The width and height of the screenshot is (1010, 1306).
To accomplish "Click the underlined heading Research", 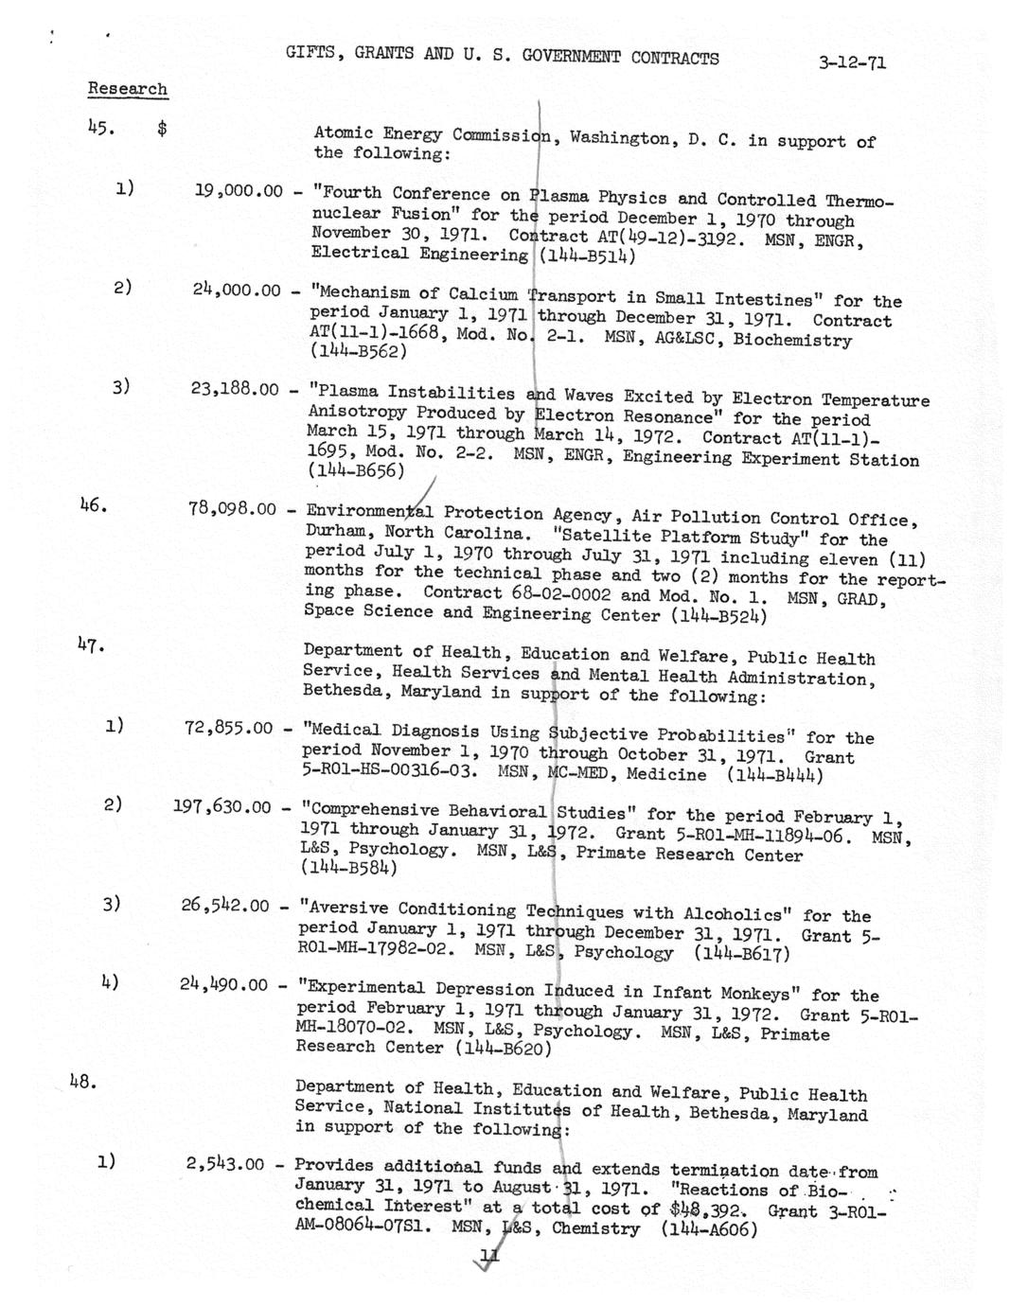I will pos(128,89).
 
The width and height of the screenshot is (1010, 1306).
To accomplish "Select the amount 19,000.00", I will pos(239,191).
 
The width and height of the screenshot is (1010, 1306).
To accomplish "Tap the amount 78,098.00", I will pos(232,509).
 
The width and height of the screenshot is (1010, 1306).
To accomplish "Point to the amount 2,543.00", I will pos(225,1164).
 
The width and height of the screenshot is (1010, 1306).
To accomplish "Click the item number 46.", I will pos(92,506).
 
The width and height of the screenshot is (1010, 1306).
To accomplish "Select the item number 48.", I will pos(82,1081).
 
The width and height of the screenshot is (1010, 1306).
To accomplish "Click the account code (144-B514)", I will pos(586,256).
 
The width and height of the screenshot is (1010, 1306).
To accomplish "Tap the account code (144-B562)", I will pos(358,351).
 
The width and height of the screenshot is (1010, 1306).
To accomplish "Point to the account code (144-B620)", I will pos(503,1049).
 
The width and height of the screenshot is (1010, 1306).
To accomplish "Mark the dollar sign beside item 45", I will pos(162,130).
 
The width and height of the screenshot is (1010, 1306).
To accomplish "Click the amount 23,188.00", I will pos(235,388).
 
